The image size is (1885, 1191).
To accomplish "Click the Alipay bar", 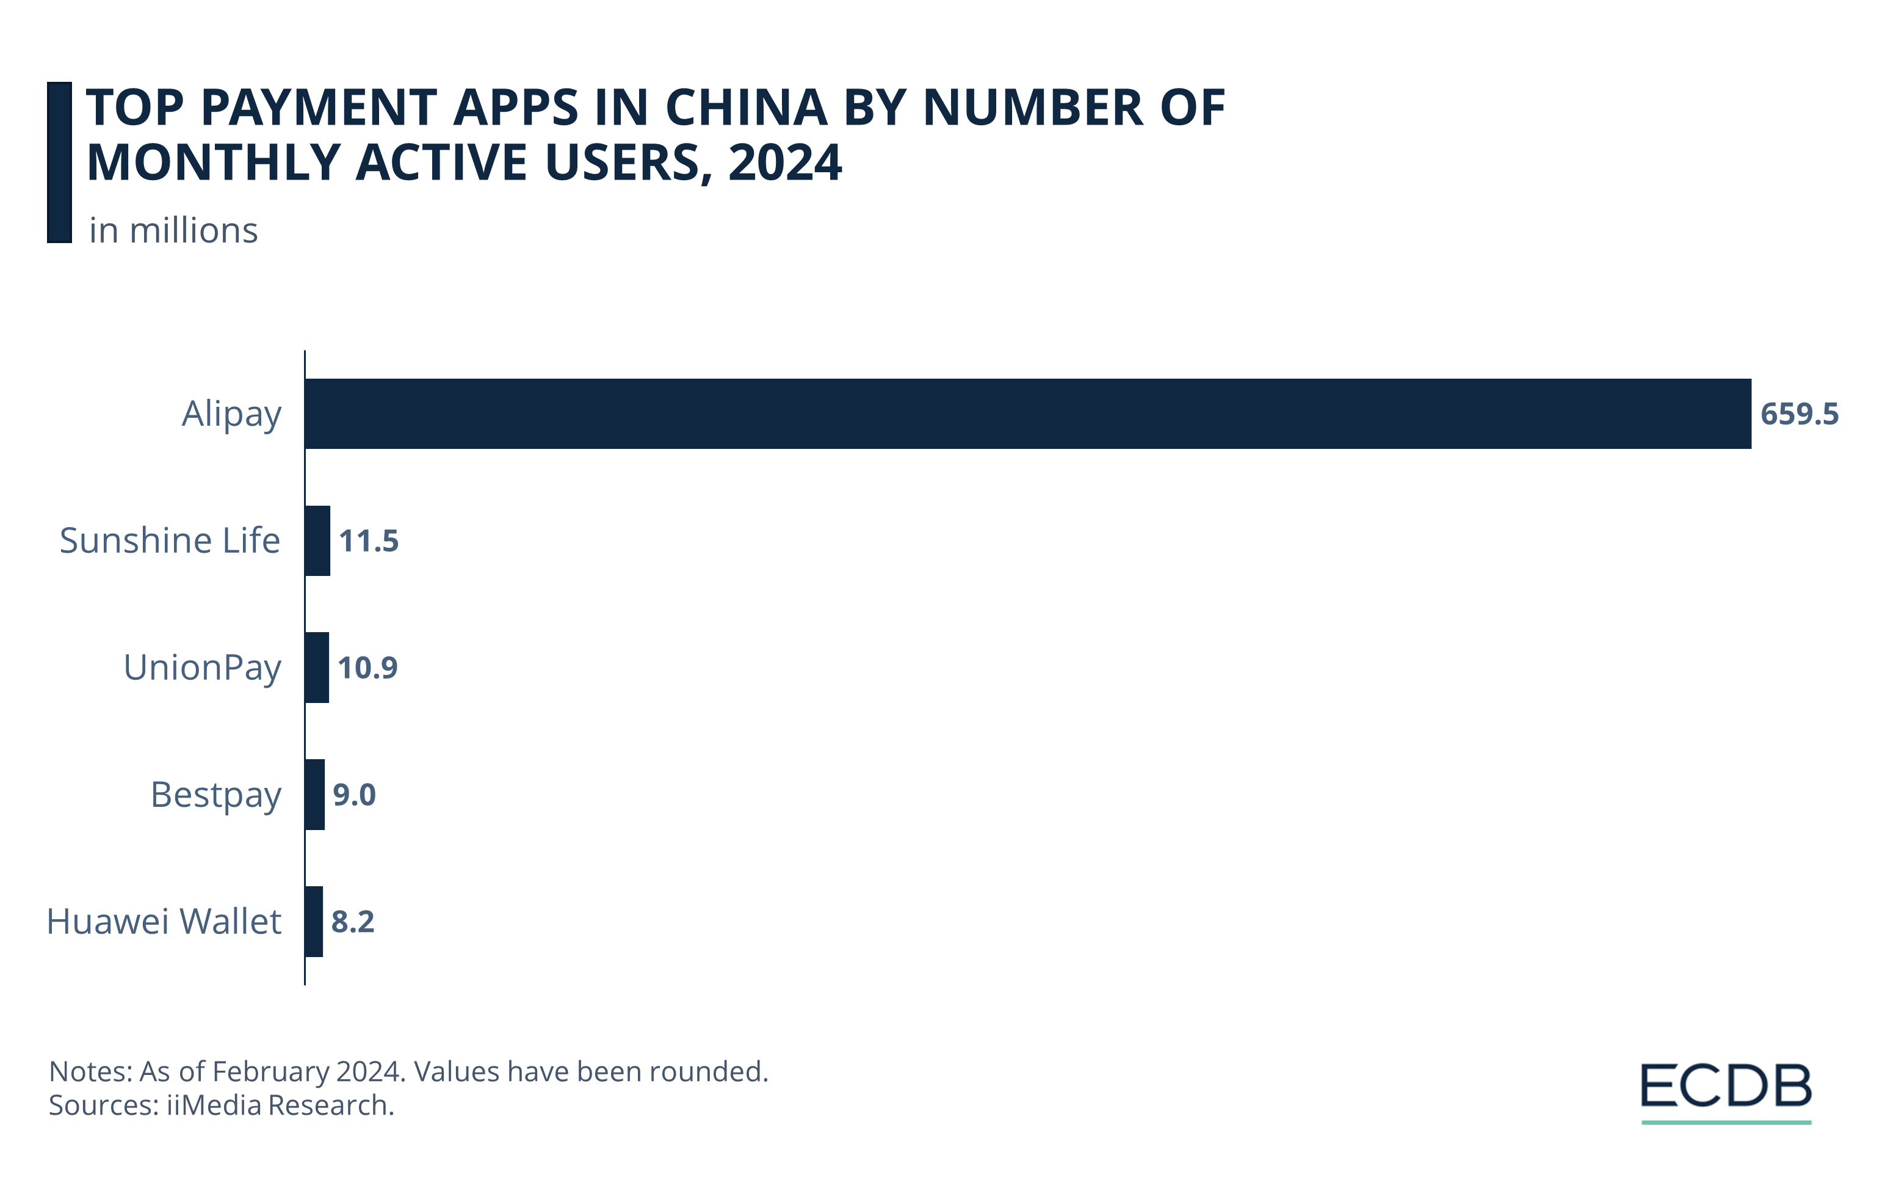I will [1027, 413].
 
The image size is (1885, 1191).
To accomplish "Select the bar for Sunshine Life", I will [317, 541].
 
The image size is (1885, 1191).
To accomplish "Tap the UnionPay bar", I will [316, 667].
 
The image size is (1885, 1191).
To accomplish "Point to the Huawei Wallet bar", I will [314, 921].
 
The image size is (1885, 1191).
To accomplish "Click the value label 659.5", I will [1799, 414].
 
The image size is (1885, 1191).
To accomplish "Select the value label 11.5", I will [369, 541].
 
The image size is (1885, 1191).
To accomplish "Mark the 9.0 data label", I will [354, 795].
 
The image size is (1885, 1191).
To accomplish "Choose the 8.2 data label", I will [352, 922].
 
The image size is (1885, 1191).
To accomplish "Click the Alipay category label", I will [231, 414].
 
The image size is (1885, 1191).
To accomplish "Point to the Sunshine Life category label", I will [170, 541].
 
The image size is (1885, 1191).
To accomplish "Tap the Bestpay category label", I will [215, 795].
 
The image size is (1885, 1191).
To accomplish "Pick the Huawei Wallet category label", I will [164, 922].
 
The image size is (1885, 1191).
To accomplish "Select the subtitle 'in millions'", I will [173, 231].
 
